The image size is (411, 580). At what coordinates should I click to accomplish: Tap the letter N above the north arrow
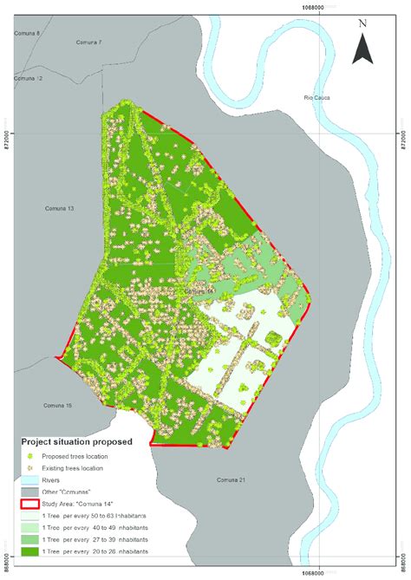pyautogui.click(x=362, y=23)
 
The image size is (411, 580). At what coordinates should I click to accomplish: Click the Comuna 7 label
pyautogui.click(x=89, y=42)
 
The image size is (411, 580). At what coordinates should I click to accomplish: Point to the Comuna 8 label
pyautogui.click(x=28, y=33)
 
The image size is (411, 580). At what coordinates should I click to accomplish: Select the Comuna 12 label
pyautogui.click(x=28, y=78)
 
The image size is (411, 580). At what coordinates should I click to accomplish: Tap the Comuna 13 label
pyautogui.click(x=59, y=209)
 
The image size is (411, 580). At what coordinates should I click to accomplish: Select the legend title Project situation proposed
pyautogui.click(x=76, y=441)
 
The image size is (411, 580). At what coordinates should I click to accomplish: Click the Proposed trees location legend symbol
pyautogui.click(x=33, y=455)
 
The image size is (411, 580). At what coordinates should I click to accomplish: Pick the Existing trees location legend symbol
pyautogui.click(x=33, y=467)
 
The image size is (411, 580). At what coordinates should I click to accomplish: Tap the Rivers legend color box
pyautogui.click(x=33, y=479)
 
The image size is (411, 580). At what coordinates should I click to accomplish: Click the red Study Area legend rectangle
pyautogui.click(x=33, y=503)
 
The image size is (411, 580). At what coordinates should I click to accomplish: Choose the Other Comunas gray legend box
pyautogui.click(x=33, y=491)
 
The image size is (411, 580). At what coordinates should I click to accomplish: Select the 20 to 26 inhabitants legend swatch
pyautogui.click(x=33, y=551)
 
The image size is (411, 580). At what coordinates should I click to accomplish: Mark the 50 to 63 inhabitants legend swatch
pyautogui.click(x=33, y=515)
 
